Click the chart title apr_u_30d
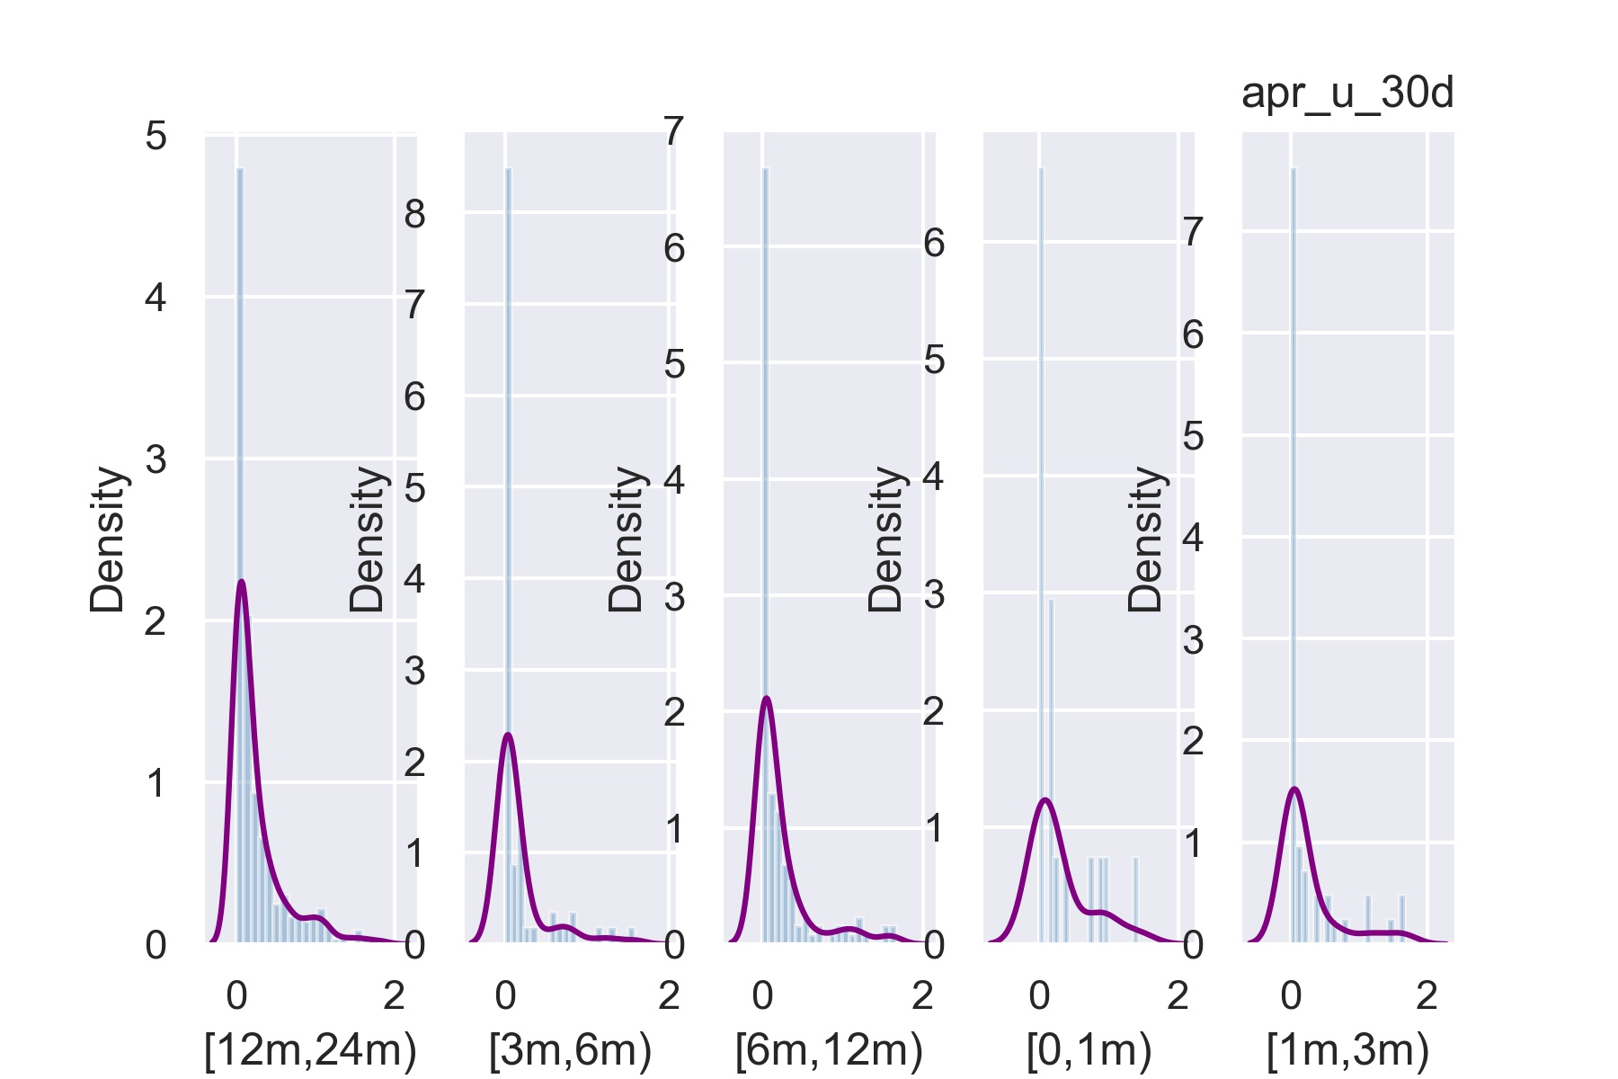(x=1347, y=94)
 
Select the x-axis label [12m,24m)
(x=310, y=1050)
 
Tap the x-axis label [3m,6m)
(x=570, y=1050)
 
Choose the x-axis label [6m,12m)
(x=829, y=1050)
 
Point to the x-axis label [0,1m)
(x=1089, y=1050)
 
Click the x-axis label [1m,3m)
(x=1347, y=1050)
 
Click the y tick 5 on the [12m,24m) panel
(x=156, y=137)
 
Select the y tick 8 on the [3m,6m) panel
(x=414, y=214)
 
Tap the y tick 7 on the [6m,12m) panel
(x=674, y=132)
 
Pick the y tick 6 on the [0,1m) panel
(x=934, y=243)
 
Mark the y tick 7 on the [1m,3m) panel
(x=1193, y=233)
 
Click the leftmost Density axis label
(x=107, y=539)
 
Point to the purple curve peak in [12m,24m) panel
(x=241, y=582)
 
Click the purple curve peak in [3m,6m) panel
(x=508, y=735)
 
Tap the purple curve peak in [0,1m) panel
(x=1045, y=799)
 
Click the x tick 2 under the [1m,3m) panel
(x=1427, y=995)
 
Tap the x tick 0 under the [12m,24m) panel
(x=236, y=995)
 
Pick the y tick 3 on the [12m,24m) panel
(x=156, y=459)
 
